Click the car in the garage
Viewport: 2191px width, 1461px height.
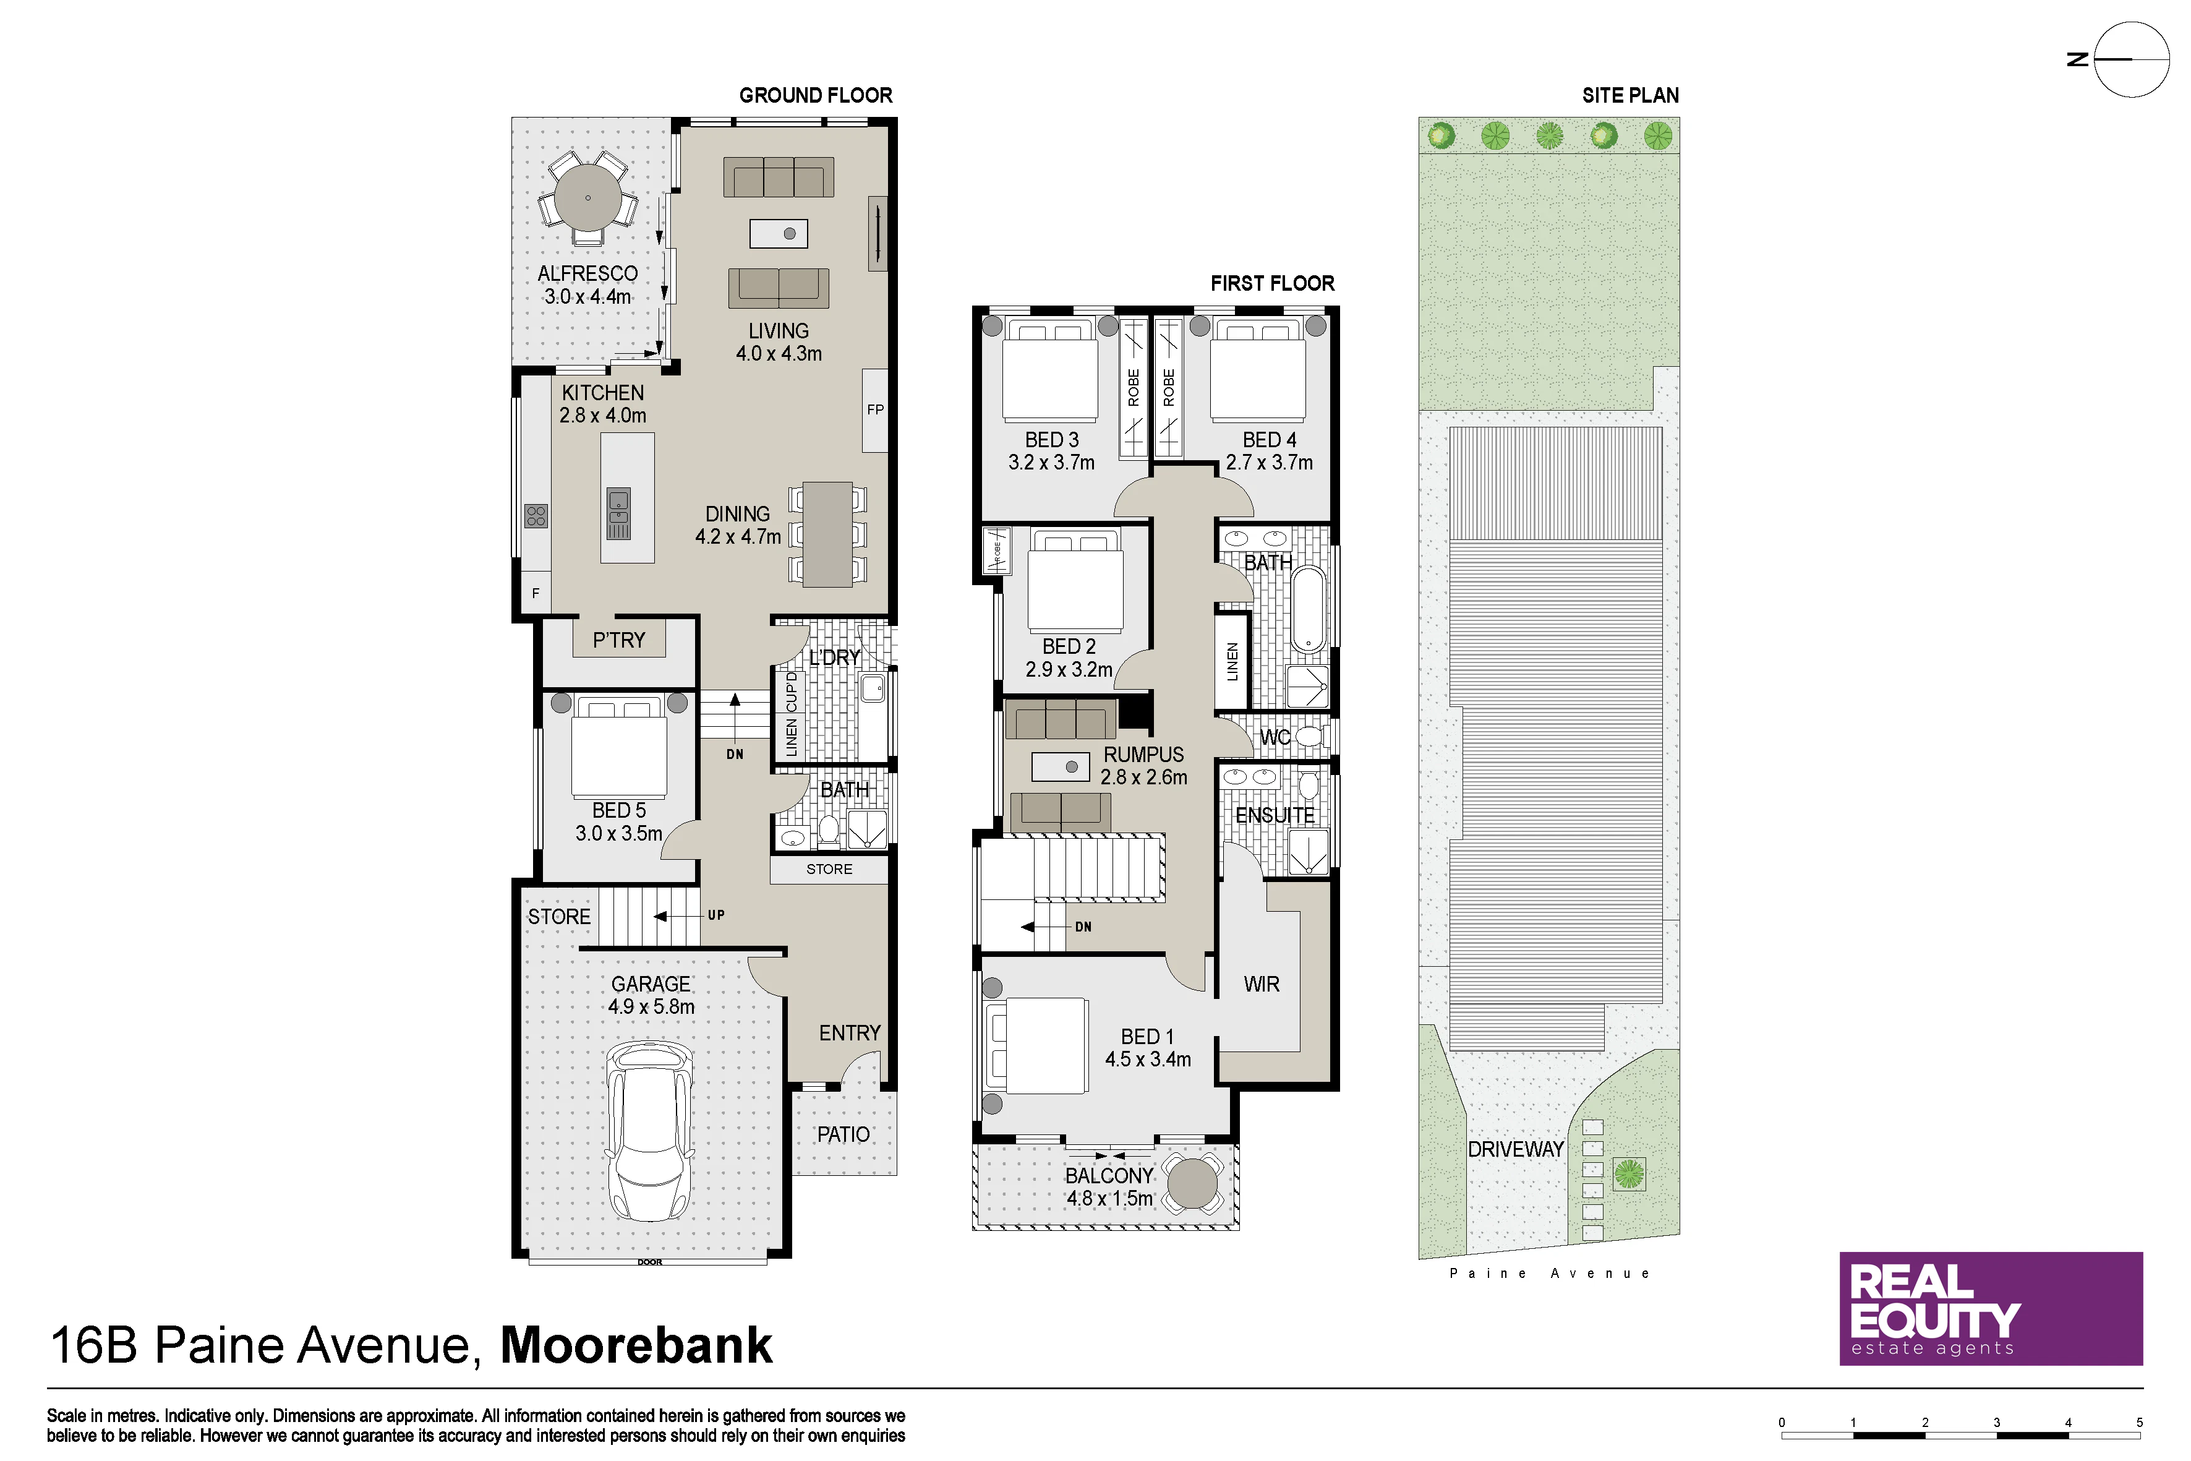tap(650, 1131)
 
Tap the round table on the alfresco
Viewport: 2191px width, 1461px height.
tap(588, 197)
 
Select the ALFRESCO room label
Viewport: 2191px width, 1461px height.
tap(588, 274)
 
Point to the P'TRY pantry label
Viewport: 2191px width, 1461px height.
tap(618, 640)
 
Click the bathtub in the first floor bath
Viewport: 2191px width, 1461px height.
tap(1308, 607)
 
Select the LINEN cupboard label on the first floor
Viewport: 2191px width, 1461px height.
tap(1232, 662)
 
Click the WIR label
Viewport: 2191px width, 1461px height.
tap(1262, 984)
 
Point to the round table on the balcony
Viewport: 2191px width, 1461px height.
tap(1192, 1183)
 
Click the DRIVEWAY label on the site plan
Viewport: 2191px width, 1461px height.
tap(1516, 1149)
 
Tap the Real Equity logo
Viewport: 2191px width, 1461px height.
tap(1991, 1308)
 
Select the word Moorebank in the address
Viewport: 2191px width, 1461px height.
tap(636, 1345)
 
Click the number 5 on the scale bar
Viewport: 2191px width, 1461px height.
tap(2140, 1423)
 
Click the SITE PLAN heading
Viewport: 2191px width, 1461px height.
tap(1630, 95)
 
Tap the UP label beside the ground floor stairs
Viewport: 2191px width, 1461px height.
tap(715, 915)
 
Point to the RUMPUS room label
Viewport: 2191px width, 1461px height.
tap(1144, 755)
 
